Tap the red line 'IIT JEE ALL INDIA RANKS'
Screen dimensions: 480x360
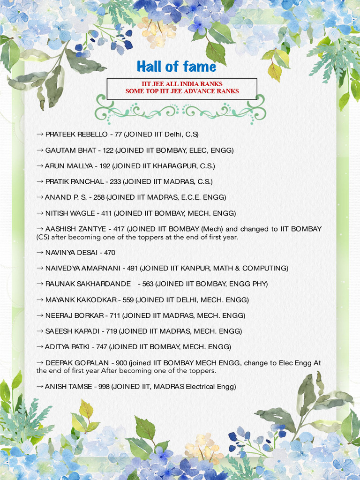182,84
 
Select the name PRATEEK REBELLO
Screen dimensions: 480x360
76,135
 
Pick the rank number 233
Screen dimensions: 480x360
115,182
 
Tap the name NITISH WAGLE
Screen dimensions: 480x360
70,213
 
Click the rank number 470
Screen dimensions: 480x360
110,253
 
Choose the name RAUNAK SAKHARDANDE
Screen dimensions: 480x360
88,284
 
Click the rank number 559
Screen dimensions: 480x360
128,300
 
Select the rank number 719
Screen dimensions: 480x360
112,331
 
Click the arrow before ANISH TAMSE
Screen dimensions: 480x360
40,387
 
